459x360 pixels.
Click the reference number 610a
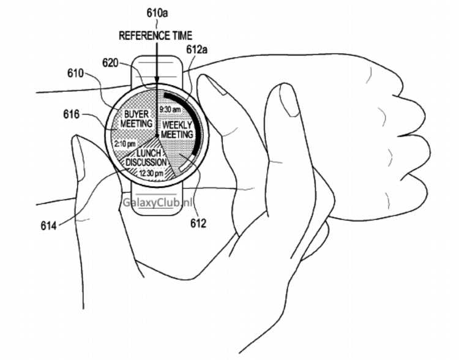pyautogui.click(x=157, y=13)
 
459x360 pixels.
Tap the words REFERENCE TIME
pyautogui.click(x=155, y=36)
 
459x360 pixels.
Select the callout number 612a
pyautogui.click(x=196, y=50)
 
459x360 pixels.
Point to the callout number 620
pyautogui.click(x=110, y=62)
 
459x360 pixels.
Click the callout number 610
pyautogui.click(x=75, y=73)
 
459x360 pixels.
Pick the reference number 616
pyautogui.click(x=72, y=114)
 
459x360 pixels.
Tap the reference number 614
pyautogui.click(x=48, y=225)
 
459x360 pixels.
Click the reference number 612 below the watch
pyautogui.click(x=198, y=223)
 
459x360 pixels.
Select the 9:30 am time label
pyautogui.click(x=170, y=110)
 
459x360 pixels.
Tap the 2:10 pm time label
pyautogui.click(x=125, y=144)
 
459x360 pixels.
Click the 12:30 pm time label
pyautogui.click(x=151, y=173)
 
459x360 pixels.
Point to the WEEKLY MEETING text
pyautogui.click(x=177, y=129)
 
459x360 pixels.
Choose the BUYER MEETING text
pyautogui.click(x=136, y=119)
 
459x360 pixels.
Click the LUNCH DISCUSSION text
pyautogui.click(x=146, y=157)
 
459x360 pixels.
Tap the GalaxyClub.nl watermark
pyautogui.click(x=157, y=202)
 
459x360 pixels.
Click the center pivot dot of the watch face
pyautogui.click(x=157, y=136)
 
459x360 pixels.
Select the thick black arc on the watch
pyautogui.click(x=188, y=121)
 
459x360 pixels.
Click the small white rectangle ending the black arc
pyautogui.click(x=185, y=167)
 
